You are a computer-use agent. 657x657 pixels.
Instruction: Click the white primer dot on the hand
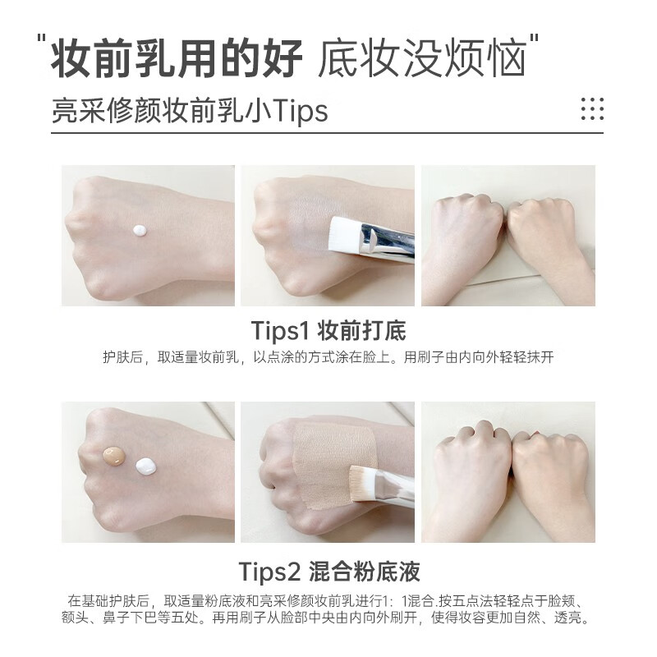tap(140, 230)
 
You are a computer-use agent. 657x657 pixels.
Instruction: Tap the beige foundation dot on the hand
tap(113, 456)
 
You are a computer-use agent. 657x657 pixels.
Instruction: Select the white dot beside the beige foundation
tap(146, 466)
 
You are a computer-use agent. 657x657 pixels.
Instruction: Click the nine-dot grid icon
tap(591, 108)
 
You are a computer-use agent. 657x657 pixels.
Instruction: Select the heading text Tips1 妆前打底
tap(328, 330)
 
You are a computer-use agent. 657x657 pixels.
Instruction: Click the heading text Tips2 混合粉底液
tap(328, 570)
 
